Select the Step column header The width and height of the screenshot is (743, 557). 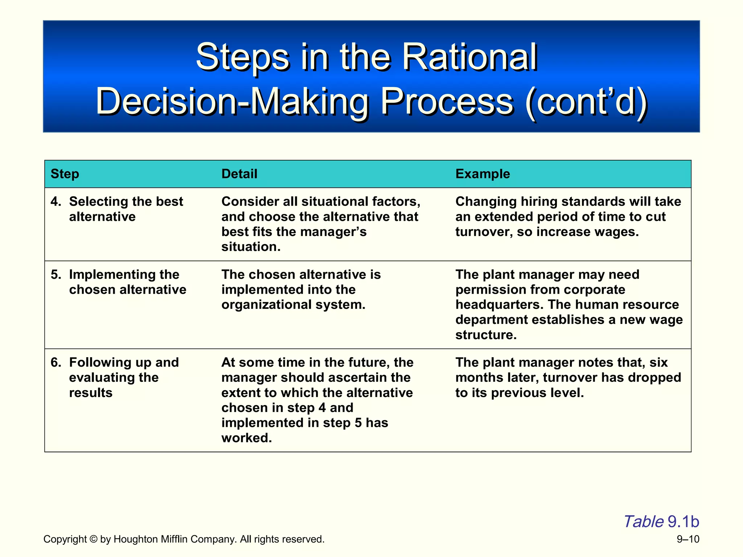pyautogui.click(x=65, y=174)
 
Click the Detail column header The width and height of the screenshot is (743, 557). pyautogui.click(x=239, y=174)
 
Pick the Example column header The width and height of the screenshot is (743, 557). pyautogui.click(x=483, y=174)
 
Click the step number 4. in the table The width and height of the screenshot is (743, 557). pyautogui.click(x=56, y=201)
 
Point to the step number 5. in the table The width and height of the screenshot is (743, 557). pyautogui.click(x=56, y=275)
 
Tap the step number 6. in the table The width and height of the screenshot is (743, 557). pyautogui.click(x=56, y=362)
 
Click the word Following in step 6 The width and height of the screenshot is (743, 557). pyautogui.click(x=97, y=362)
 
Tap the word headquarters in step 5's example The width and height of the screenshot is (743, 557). pyautogui.click(x=499, y=305)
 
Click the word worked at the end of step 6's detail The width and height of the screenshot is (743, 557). pyautogui.click(x=246, y=438)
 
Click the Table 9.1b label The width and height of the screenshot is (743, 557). pyautogui.click(x=661, y=521)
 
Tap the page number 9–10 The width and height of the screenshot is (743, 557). pyautogui.click(x=688, y=539)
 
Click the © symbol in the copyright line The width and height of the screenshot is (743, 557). pyautogui.click(x=93, y=539)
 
